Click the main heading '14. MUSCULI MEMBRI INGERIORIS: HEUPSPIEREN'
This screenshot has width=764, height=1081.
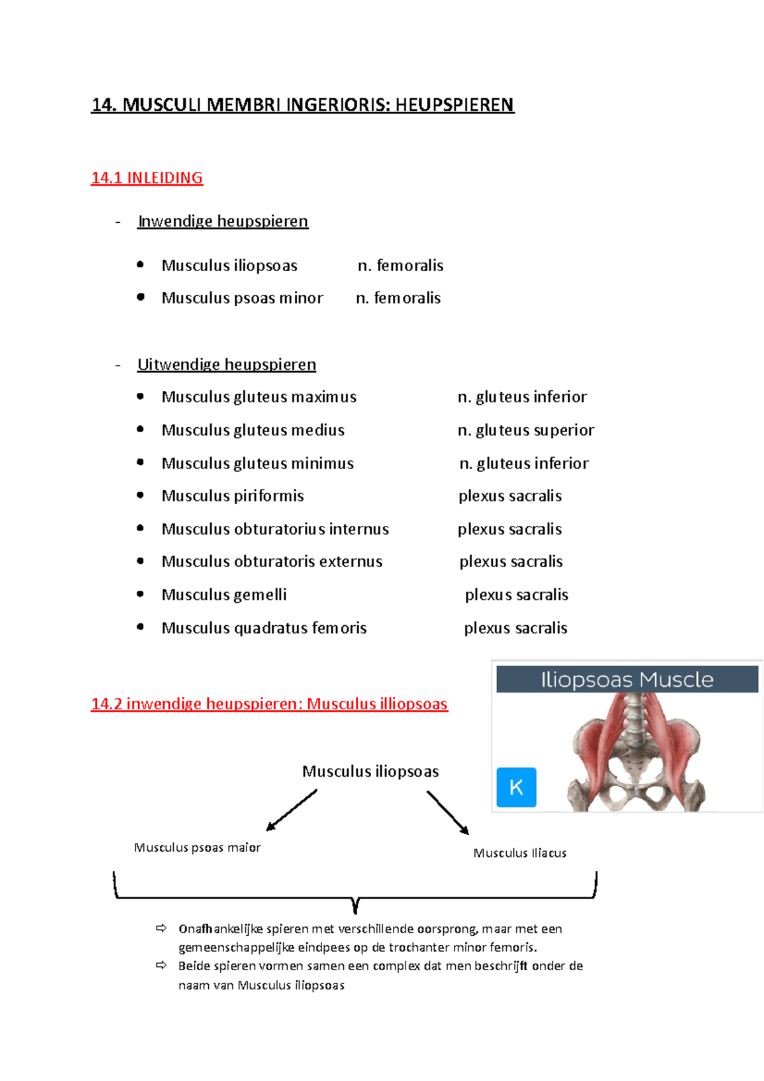tap(302, 104)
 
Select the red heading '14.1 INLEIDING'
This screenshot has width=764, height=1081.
tap(147, 178)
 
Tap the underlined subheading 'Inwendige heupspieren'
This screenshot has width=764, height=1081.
tap(223, 221)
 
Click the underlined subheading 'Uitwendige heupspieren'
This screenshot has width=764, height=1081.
tap(227, 364)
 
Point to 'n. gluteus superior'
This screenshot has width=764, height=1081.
tap(526, 430)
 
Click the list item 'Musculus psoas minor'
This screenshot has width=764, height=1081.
tap(242, 298)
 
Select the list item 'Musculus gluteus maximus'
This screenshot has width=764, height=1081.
tap(258, 397)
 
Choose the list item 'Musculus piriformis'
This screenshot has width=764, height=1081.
tap(232, 496)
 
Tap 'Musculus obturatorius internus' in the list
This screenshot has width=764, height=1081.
tap(275, 529)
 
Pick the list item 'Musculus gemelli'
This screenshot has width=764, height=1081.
tap(224, 595)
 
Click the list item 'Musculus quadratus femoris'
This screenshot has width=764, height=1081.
tap(264, 628)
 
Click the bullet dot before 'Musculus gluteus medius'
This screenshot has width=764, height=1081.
tap(140, 430)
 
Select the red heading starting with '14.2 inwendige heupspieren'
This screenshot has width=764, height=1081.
tap(269, 703)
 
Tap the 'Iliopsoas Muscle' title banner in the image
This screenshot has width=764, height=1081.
tap(627, 679)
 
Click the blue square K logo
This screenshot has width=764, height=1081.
tap(516, 788)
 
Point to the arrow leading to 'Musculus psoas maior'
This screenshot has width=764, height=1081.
tap(292, 810)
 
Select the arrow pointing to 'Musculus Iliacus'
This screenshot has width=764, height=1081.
tap(448, 812)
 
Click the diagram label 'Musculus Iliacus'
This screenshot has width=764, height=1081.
tap(520, 853)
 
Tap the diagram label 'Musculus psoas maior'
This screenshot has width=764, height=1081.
tap(197, 847)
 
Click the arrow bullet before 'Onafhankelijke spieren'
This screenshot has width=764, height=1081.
tap(162, 929)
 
